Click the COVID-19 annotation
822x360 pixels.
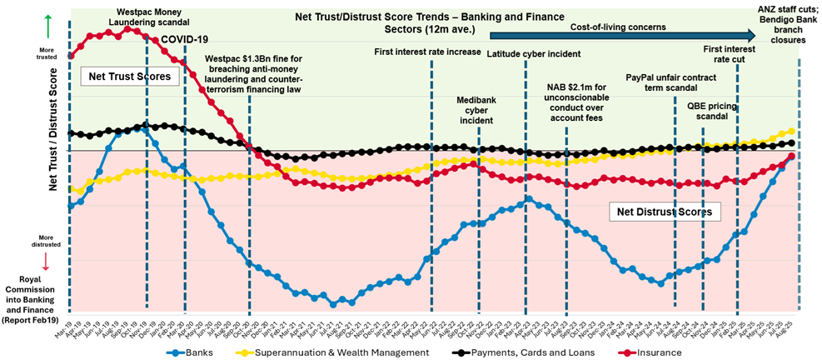pos(184,39)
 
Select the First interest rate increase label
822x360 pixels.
pos(427,52)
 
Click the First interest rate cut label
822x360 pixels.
pos(729,54)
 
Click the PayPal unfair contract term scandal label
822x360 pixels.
pos(672,81)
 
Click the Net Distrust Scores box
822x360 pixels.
pos(664,212)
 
